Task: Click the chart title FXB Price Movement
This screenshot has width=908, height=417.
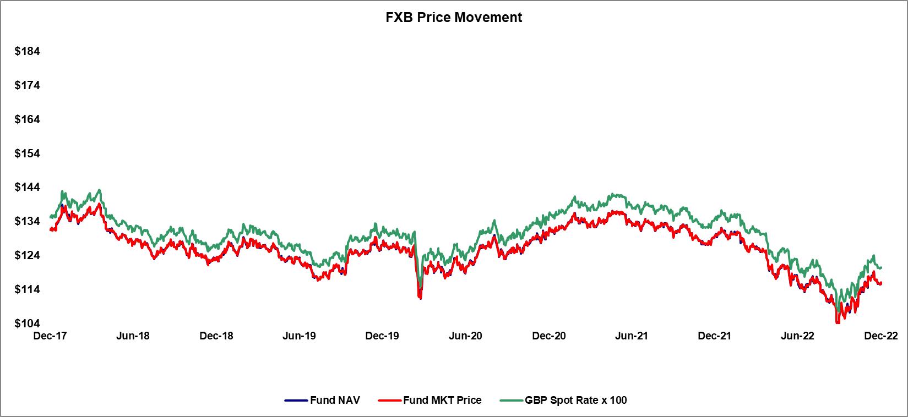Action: pyautogui.click(x=453, y=17)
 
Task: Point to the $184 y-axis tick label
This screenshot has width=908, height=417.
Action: pyautogui.click(x=28, y=52)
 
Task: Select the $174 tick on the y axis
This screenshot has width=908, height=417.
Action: pyautogui.click(x=28, y=86)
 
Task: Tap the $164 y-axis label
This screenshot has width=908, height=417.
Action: pyautogui.click(x=28, y=119)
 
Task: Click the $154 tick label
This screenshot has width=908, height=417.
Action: pyautogui.click(x=28, y=153)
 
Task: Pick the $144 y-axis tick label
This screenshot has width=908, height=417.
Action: pyautogui.click(x=28, y=188)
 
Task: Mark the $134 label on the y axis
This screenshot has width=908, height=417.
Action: pyautogui.click(x=28, y=222)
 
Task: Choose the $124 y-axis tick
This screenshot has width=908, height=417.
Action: pyautogui.click(x=28, y=256)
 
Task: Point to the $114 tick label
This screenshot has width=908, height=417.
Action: pyautogui.click(x=28, y=289)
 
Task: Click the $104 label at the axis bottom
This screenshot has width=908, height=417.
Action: pyautogui.click(x=28, y=323)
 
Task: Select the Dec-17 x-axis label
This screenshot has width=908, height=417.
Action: pyautogui.click(x=50, y=336)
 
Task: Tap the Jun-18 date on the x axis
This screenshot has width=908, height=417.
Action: pyautogui.click(x=133, y=336)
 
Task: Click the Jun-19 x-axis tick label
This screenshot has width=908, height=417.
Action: pyautogui.click(x=300, y=336)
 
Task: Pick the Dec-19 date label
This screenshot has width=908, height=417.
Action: pyautogui.click(x=382, y=336)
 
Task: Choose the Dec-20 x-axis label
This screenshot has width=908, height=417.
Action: pyautogui.click(x=548, y=336)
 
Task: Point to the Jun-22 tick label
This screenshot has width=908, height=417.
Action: pyautogui.click(x=798, y=336)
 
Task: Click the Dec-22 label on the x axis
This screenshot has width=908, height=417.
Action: pyautogui.click(x=881, y=336)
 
